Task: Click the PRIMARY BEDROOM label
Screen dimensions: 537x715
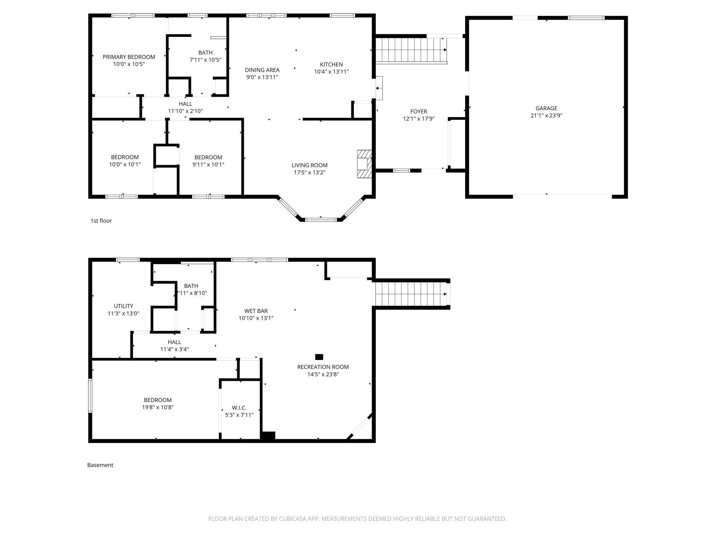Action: coord(129,57)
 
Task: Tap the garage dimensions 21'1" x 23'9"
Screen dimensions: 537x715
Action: coord(546,116)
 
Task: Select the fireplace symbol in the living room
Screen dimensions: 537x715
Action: coord(364,164)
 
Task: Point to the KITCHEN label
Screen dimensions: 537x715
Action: coord(331,64)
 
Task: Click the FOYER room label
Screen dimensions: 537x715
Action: coord(419,112)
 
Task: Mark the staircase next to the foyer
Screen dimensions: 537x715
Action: coord(411,50)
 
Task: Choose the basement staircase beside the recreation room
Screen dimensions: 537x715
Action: coord(411,294)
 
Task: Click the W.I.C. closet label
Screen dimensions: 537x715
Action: coord(239,408)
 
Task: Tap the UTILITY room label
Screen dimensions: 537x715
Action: coord(123,306)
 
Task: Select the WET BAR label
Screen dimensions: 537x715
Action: coord(256,311)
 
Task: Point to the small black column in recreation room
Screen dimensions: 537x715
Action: coord(319,357)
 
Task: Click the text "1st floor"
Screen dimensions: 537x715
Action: coord(101,221)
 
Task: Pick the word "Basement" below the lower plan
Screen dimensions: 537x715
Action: coord(100,465)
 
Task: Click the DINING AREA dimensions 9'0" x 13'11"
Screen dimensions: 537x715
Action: coord(262,77)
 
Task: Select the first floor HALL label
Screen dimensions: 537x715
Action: coord(185,104)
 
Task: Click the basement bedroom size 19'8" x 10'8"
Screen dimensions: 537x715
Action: coord(157,407)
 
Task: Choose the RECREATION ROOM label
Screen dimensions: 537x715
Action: coord(323,367)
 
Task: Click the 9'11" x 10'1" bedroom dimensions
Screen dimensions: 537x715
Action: coord(208,165)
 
